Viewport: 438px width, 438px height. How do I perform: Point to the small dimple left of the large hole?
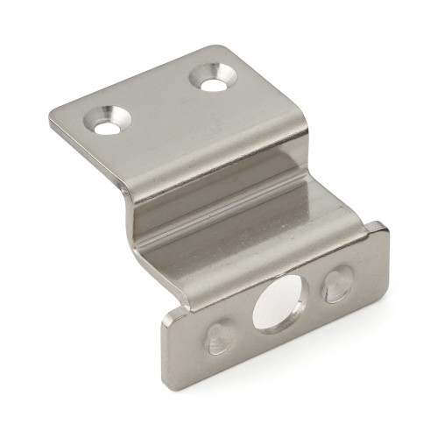coord(219,336)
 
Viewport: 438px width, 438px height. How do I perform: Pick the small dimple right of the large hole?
coord(335,285)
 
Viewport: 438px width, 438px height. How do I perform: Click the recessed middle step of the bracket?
coord(237,215)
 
